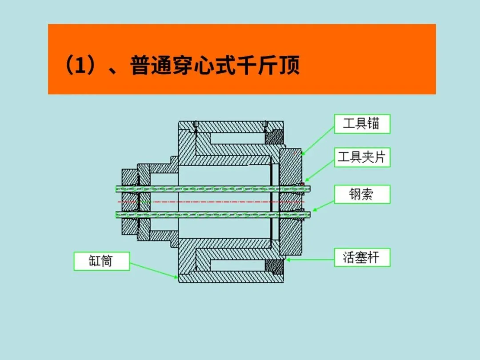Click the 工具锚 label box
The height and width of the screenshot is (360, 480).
(362, 124)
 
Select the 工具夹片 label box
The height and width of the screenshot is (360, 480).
(362, 157)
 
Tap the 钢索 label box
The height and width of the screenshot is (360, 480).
(362, 194)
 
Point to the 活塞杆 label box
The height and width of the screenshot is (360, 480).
(362, 257)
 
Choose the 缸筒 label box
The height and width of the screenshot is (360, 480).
(102, 261)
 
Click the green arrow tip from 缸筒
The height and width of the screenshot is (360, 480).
(178, 278)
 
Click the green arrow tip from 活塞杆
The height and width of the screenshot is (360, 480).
(286, 260)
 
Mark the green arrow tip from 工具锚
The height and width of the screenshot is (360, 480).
(302, 155)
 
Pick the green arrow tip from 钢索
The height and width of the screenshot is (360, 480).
(312, 211)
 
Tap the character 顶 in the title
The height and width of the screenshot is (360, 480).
(289, 65)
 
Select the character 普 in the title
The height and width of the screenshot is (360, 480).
(140, 65)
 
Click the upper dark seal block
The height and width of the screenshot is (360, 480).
(274, 137)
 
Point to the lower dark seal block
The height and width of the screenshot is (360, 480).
(274, 267)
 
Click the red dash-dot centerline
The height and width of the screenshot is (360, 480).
(211, 202)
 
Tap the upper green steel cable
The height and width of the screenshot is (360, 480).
(213, 189)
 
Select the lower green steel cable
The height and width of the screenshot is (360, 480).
(213, 215)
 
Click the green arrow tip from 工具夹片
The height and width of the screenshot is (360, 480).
(305, 181)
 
